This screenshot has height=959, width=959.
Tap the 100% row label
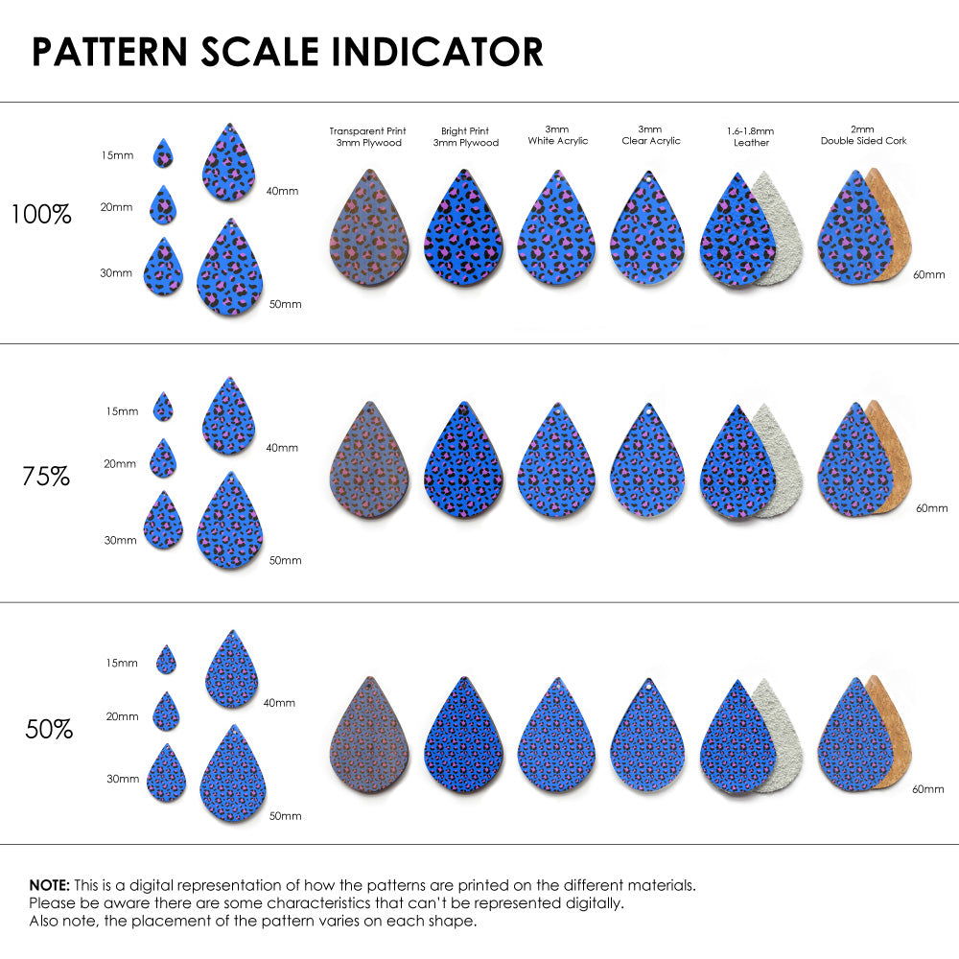41,214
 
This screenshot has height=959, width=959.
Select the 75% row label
46,475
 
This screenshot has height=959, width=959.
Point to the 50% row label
49,730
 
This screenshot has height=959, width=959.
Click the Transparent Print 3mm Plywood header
367,136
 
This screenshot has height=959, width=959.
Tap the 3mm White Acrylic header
557,134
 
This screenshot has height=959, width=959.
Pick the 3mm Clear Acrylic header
651,134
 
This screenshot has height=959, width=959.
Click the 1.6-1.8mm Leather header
750,136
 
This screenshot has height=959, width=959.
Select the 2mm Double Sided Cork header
863,134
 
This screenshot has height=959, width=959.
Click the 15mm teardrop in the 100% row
164,153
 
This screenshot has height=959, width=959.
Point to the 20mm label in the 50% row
123,716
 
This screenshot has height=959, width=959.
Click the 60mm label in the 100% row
927,274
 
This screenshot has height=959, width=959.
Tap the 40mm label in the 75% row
281,447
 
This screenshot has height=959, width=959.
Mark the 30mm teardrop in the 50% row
167,775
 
